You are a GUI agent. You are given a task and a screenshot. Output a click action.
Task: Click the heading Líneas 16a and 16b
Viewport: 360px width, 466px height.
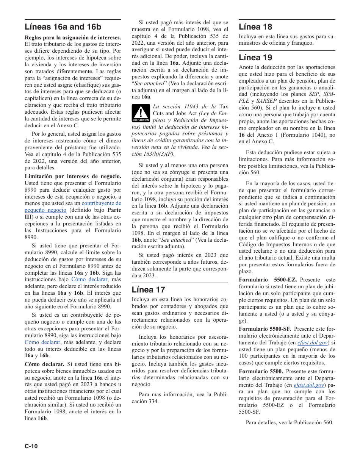pos(63,27)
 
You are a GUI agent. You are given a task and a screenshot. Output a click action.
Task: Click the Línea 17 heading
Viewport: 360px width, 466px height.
pos(149,290)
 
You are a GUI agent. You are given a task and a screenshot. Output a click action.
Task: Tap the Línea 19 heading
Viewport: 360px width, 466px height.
pos(255,58)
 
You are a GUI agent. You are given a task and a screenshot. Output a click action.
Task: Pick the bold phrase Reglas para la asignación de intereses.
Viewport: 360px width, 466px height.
pos(73,38)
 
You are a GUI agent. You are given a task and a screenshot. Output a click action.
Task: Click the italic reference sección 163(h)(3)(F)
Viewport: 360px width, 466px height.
pos(153,154)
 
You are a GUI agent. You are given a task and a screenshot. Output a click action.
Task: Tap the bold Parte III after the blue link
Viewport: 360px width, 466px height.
pos(114,210)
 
